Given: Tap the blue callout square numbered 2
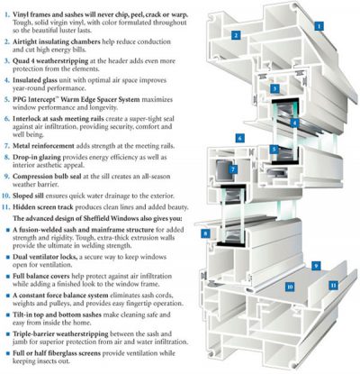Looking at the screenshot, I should pos(235,35).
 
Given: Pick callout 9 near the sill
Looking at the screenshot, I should pos(317,266).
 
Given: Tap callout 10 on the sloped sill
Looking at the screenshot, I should pos(290,287).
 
